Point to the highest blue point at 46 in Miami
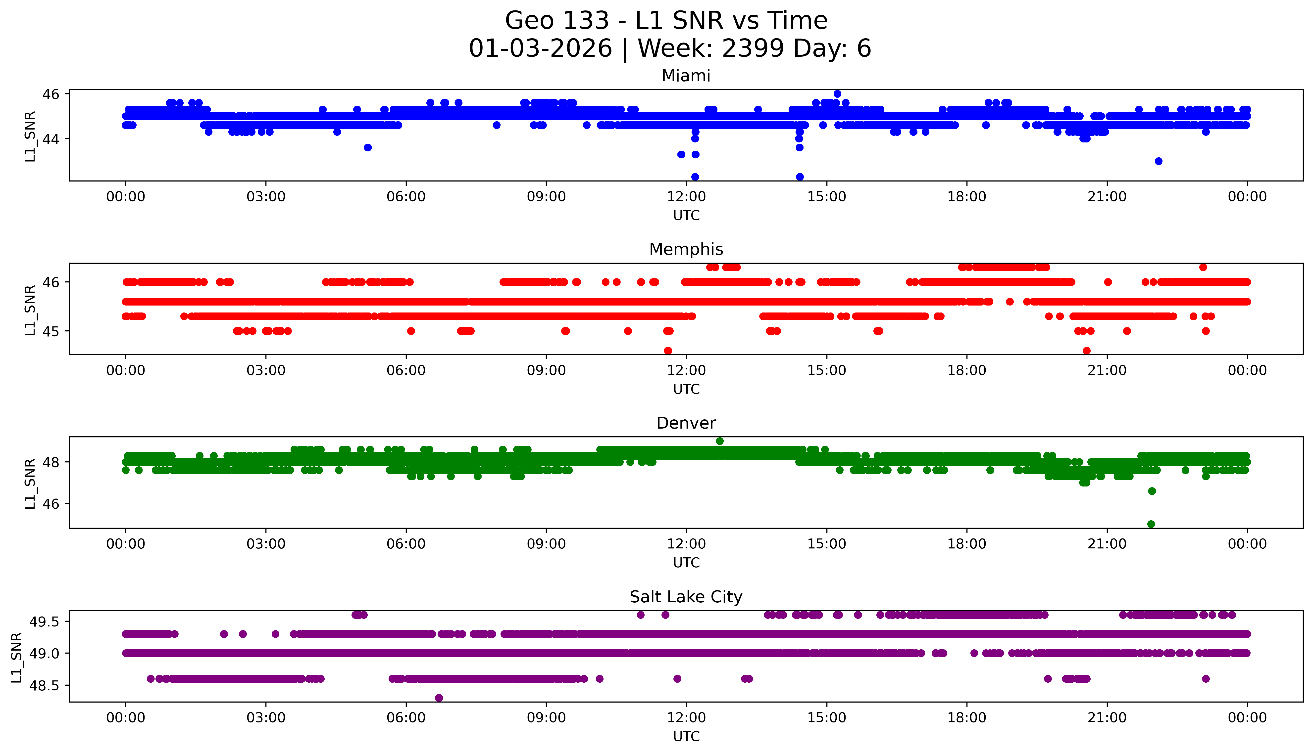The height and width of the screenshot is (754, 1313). (837, 94)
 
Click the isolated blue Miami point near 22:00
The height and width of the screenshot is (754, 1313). (1159, 161)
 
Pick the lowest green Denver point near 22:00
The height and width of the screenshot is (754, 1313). (1151, 524)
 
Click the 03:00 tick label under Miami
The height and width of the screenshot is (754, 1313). (266, 197)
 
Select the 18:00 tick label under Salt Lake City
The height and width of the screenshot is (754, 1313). (967, 718)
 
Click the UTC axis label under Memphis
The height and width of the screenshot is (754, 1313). (686, 389)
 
